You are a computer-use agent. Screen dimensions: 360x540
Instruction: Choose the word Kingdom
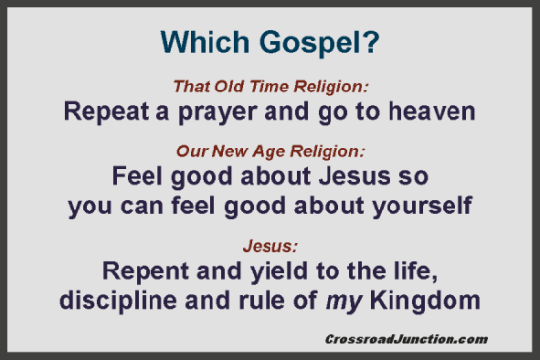click(426, 300)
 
